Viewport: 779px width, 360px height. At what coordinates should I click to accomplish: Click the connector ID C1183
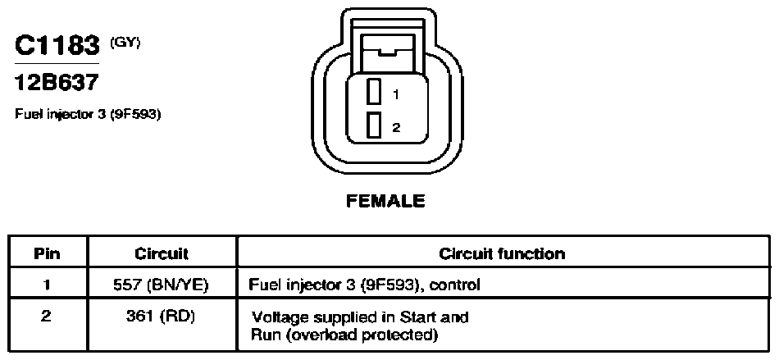click(57, 46)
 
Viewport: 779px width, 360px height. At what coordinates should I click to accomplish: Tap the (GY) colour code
click(125, 43)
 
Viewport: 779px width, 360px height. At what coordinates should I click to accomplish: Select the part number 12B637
click(56, 82)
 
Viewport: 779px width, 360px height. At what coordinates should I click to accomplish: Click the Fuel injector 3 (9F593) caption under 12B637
click(88, 114)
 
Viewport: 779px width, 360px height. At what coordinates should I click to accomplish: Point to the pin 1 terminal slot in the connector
click(374, 91)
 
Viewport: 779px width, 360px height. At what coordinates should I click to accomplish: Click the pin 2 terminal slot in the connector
click(374, 125)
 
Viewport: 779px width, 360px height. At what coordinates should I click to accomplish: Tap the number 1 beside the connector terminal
click(395, 94)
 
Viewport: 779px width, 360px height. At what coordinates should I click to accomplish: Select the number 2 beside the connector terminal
click(395, 128)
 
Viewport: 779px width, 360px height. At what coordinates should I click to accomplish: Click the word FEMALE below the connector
click(385, 201)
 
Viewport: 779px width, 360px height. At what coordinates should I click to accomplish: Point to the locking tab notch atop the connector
click(387, 52)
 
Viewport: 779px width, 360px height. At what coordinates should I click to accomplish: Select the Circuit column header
click(162, 253)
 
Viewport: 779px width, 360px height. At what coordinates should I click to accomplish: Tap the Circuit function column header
click(502, 253)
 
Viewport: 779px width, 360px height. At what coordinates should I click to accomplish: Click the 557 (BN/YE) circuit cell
click(162, 285)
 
